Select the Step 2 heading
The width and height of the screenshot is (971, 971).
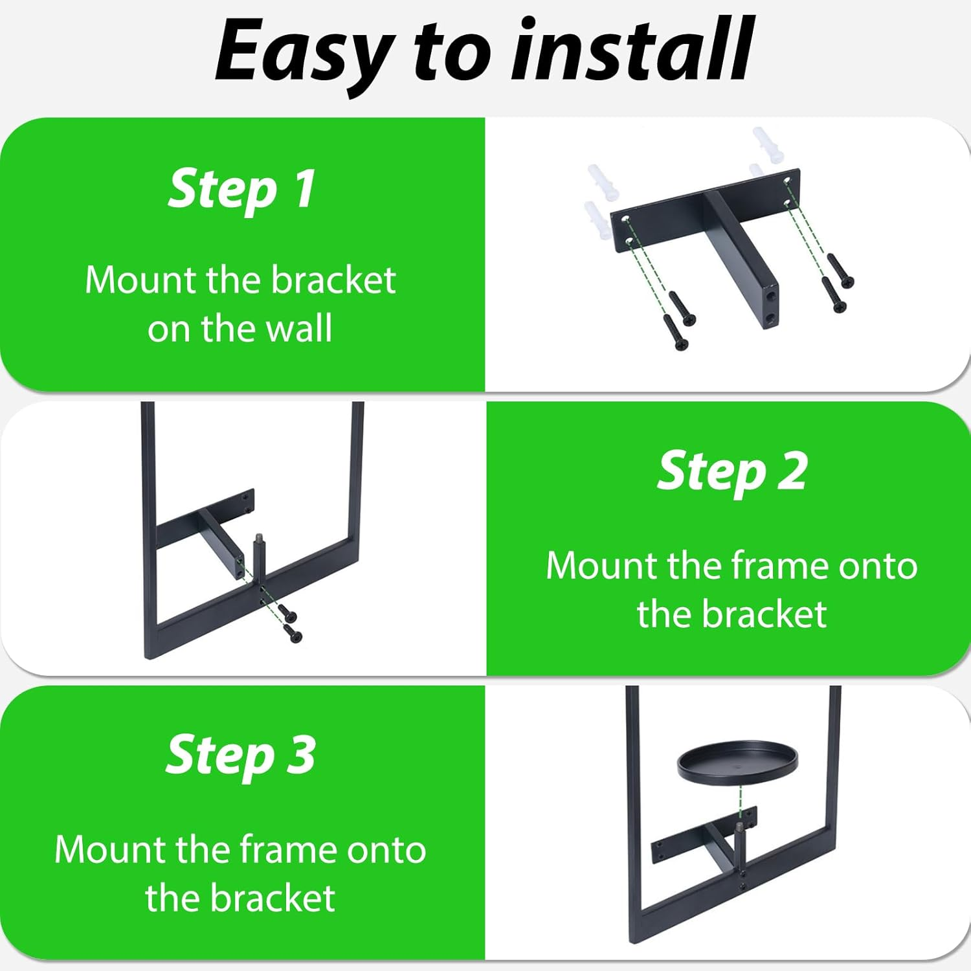coord(732,472)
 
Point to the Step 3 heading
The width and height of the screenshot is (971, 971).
coord(241,755)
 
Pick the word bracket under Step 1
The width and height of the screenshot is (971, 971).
coord(333,280)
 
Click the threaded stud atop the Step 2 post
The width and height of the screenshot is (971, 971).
coord(258,537)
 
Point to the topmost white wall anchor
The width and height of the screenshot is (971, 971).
coord(768,142)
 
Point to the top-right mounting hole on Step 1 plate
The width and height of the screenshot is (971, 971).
coord(788,180)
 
